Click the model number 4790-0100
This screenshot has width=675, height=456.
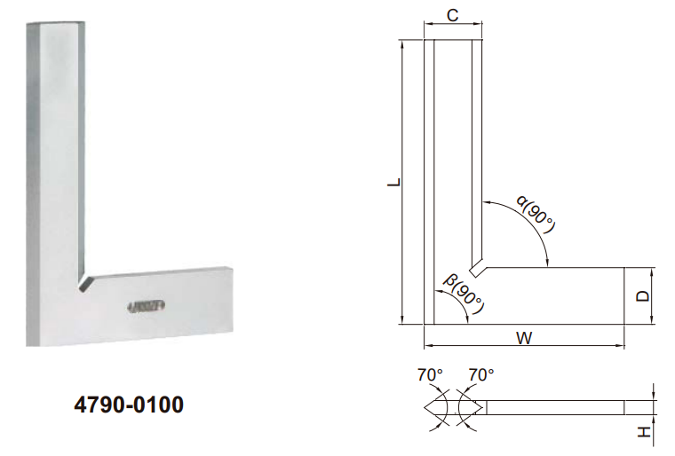point(130,405)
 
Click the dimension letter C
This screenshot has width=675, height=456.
point(451,15)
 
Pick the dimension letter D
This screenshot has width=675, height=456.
point(643,295)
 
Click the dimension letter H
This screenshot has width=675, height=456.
point(643,433)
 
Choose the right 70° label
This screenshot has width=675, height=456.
point(480,375)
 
